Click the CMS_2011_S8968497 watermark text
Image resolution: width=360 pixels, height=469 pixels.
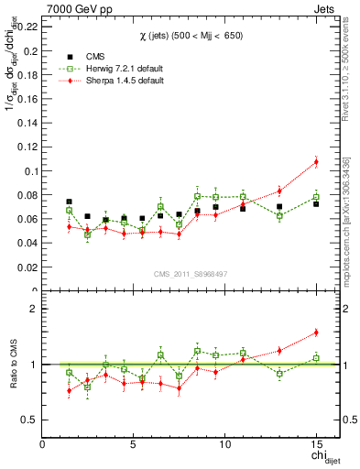(x=190, y=274)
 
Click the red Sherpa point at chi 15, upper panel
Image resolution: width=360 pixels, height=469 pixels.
(x=316, y=162)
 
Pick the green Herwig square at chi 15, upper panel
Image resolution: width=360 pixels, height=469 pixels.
(x=316, y=197)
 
